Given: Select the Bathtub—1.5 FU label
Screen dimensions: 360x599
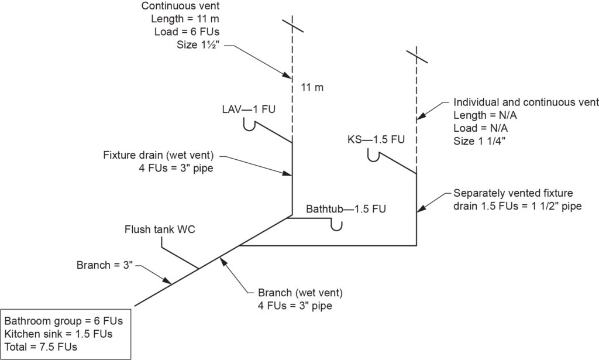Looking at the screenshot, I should point(346,208).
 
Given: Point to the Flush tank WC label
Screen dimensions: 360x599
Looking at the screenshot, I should point(160,229).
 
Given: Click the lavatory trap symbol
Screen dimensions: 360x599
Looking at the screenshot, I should point(249,125).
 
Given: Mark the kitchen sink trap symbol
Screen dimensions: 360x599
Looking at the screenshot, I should point(374,155).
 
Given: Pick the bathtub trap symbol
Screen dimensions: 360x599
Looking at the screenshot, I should point(336,225).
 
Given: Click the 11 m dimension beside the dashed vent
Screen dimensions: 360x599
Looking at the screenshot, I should point(312,88).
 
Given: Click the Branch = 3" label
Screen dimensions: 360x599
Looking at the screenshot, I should point(106,265).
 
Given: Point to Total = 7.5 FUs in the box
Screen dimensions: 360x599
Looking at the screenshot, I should point(42,346).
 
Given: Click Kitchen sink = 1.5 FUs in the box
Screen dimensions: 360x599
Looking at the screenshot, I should point(58,334).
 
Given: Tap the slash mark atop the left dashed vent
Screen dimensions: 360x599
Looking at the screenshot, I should point(291,25).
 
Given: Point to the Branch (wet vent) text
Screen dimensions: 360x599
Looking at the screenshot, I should point(300,292).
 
